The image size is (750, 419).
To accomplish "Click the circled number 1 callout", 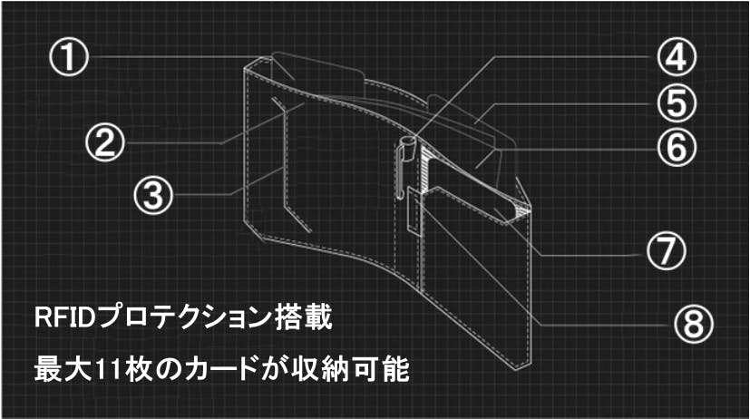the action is pyautogui.click(x=69, y=58).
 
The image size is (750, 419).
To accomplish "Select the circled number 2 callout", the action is pyautogui.click(x=105, y=143).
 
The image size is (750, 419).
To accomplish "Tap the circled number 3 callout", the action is pyautogui.click(x=153, y=195).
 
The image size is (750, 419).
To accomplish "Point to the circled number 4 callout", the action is pyautogui.click(x=677, y=57).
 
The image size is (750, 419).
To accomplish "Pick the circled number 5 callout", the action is pyautogui.click(x=677, y=103).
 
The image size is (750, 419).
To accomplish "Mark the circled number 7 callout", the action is pyautogui.click(x=667, y=250).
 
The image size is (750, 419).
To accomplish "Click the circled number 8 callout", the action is pyautogui.click(x=694, y=324).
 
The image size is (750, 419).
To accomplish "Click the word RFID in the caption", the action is pyautogui.click(x=64, y=317).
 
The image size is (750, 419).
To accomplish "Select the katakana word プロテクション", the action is pyautogui.click(x=184, y=317).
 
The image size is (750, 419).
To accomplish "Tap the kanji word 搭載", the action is pyautogui.click(x=303, y=317).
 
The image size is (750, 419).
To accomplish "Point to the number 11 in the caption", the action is pyautogui.click(x=109, y=370).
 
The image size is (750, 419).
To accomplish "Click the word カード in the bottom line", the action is pyautogui.click(x=220, y=370).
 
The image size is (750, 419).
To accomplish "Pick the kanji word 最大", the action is pyautogui.click(x=63, y=370).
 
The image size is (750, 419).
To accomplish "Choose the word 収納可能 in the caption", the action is pyautogui.click(x=351, y=370).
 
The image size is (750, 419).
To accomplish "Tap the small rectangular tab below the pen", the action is pyautogui.click(x=414, y=211).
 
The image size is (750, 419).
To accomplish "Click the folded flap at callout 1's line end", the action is pyautogui.click(x=316, y=73).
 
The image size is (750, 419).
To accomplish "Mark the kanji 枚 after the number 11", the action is pyautogui.click(x=139, y=370).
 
